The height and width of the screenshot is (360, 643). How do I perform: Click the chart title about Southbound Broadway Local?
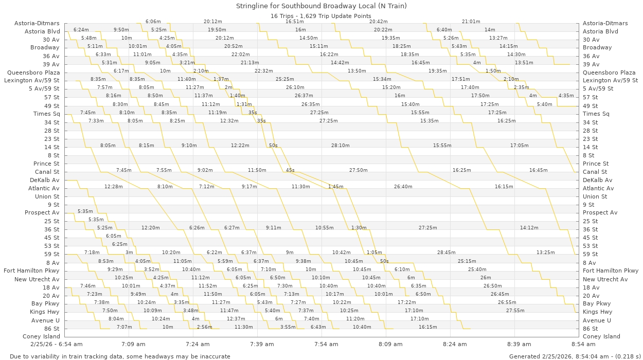pos(321,6)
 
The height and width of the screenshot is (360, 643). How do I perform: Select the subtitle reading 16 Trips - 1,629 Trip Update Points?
pos(321,16)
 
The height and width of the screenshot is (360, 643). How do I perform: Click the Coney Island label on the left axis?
pos(41,336)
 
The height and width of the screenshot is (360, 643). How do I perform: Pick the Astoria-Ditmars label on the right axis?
pos(605,23)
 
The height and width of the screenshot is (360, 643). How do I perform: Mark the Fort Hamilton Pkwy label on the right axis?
pos(611,271)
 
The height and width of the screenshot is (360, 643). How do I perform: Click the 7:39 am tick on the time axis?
pos(262,344)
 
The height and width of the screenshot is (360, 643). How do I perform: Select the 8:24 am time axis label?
pos(455,344)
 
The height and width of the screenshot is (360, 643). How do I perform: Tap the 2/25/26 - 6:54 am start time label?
pos(56,344)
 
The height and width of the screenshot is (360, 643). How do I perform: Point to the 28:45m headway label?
pos(446,253)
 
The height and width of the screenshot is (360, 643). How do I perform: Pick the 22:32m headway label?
pos(263,71)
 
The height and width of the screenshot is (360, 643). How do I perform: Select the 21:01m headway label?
pos(471,22)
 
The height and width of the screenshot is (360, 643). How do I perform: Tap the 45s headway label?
pos(290,170)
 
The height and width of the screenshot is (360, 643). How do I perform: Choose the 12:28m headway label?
pos(113,187)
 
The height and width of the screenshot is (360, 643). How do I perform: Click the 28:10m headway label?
pos(340,146)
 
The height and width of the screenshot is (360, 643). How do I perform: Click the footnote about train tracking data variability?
pos(120,356)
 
